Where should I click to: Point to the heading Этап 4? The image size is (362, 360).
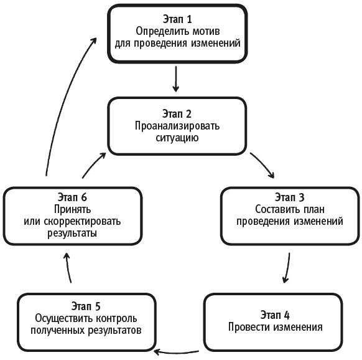point(274,315)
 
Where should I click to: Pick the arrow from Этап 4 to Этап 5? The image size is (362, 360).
point(177,351)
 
